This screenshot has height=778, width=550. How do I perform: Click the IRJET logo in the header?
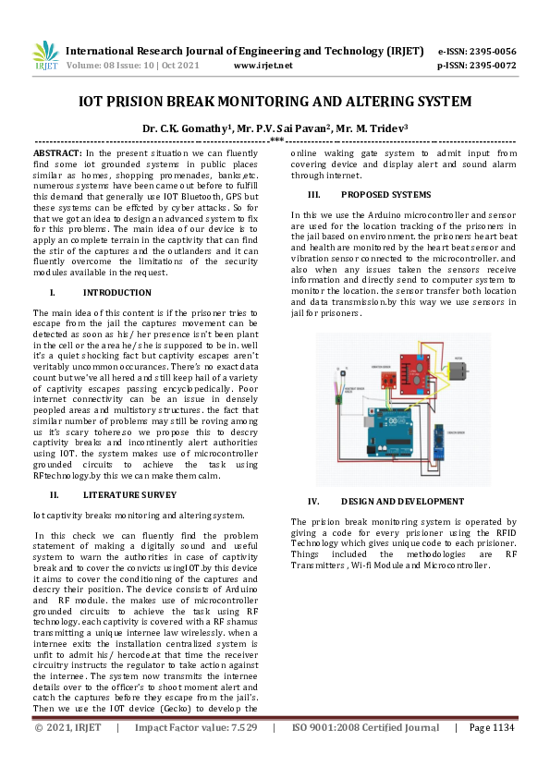44,57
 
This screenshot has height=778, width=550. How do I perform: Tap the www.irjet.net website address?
263,66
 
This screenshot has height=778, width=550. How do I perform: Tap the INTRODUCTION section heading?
123,292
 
